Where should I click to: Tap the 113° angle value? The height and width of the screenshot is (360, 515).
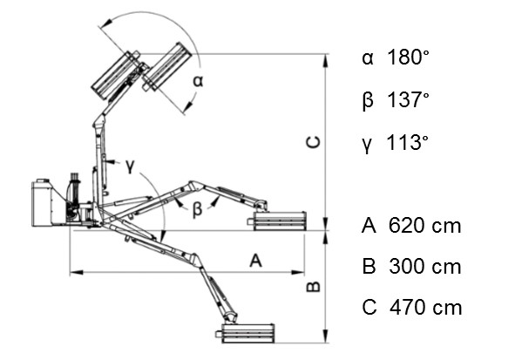click(x=408, y=142)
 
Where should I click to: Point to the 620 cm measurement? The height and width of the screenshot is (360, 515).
click(x=424, y=226)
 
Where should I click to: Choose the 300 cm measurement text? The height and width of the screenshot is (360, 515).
click(x=425, y=267)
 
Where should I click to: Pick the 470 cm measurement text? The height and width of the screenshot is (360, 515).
click(x=425, y=308)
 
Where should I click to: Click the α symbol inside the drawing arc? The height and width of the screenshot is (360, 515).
click(x=198, y=81)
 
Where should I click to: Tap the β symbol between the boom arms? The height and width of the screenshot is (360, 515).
click(x=197, y=209)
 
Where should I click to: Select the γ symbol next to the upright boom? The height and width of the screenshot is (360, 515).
click(x=130, y=166)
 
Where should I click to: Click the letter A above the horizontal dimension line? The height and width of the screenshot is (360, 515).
click(x=256, y=261)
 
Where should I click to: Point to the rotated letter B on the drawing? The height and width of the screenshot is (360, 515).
click(x=313, y=287)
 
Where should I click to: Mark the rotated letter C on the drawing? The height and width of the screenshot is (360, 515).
click(x=313, y=141)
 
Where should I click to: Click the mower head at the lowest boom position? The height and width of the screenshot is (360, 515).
click(x=245, y=333)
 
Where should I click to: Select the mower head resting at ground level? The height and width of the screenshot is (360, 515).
click(x=277, y=221)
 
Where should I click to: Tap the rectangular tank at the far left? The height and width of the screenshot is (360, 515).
click(x=42, y=203)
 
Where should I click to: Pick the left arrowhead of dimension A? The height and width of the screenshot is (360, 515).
click(x=77, y=272)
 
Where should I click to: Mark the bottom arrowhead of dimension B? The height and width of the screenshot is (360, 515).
click(x=326, y=336)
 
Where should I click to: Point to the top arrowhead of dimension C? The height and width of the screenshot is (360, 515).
click(x=326, y=60)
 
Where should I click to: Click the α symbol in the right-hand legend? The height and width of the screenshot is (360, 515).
click(x=368, y=58)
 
